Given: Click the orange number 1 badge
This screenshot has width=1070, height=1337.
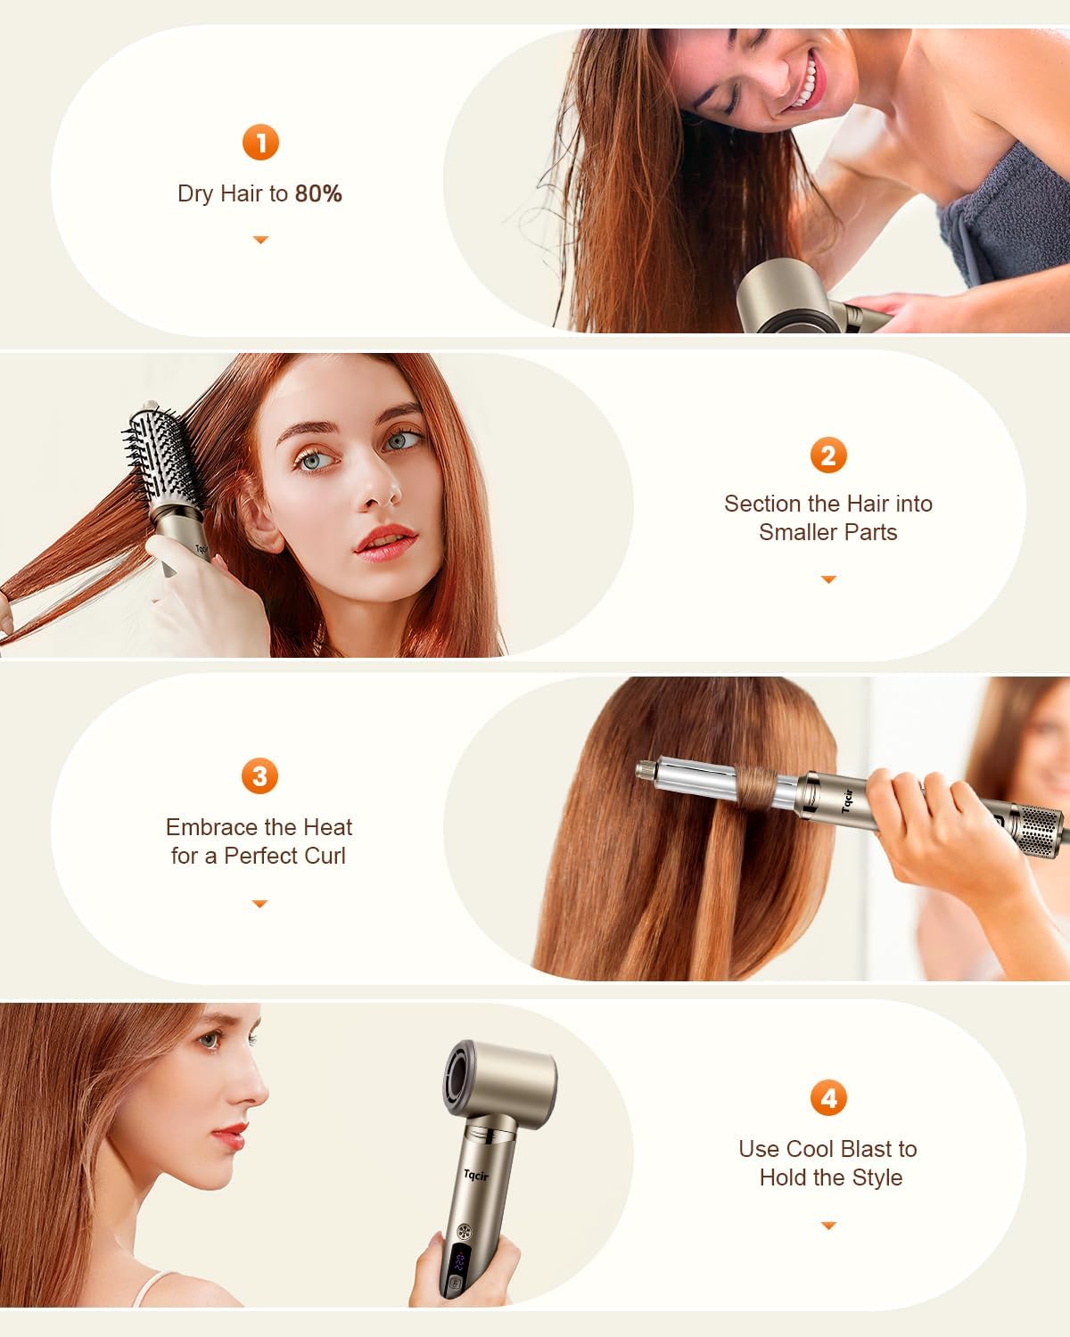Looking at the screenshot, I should (x=260, y=143).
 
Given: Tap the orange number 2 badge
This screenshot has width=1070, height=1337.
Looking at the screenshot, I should (x=828, y=455).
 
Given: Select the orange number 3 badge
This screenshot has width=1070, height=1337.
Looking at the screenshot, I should (x=259, y=776).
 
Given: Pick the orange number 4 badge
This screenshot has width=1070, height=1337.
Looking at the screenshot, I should (x=828, y=1098).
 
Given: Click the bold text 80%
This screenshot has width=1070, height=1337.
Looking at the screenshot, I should (x=318, y=194).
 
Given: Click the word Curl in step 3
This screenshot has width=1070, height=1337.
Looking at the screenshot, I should (x=322, y=856).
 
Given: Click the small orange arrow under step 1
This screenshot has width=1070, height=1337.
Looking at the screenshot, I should (x=260, y=240).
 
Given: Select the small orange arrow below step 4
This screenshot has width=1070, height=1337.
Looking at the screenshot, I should (x=828, y=1226).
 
